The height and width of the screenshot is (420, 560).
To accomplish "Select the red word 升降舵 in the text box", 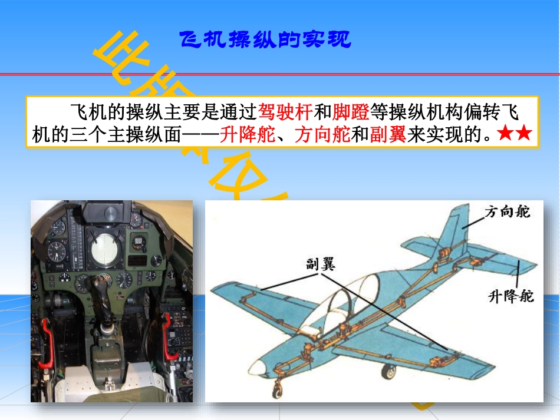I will point(248,135).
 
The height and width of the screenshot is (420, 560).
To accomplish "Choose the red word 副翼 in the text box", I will point(388,135).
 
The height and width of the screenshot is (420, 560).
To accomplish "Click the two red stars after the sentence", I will point(515,134).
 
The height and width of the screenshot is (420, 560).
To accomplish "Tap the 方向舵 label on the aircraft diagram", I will point(507,211).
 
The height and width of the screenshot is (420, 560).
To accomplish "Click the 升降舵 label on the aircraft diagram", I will point(510,295).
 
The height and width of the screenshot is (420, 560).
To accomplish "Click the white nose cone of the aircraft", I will point(257,367).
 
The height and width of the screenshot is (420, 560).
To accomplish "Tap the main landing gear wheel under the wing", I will point(388,371).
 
